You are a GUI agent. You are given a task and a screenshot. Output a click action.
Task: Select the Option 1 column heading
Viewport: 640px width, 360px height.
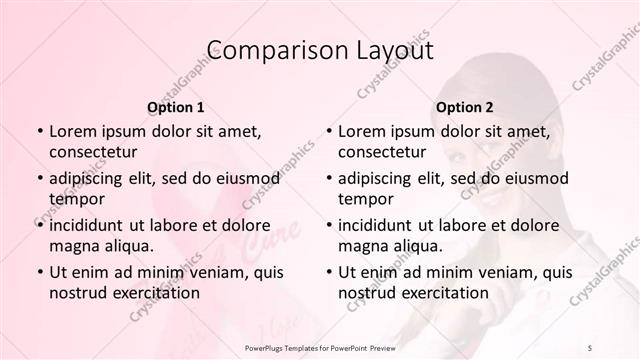click(x=175, y=106)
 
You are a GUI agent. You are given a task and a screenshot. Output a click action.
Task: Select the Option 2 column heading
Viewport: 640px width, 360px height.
click(x=464, y=106)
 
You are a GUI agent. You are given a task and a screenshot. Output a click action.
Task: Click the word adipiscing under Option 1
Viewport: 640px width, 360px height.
click(x=89, y=178)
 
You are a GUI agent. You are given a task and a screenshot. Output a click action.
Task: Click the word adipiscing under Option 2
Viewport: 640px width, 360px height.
click(x=378, y=178)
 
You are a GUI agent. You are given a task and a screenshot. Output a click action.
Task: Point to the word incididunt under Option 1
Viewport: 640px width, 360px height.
click(x=89, y=225)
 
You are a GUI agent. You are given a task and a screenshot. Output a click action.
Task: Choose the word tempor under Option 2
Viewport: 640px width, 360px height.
click(x=366, y=199)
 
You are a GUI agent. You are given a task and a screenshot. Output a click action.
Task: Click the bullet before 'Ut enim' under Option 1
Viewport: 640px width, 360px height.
click(x=38, y=272)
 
